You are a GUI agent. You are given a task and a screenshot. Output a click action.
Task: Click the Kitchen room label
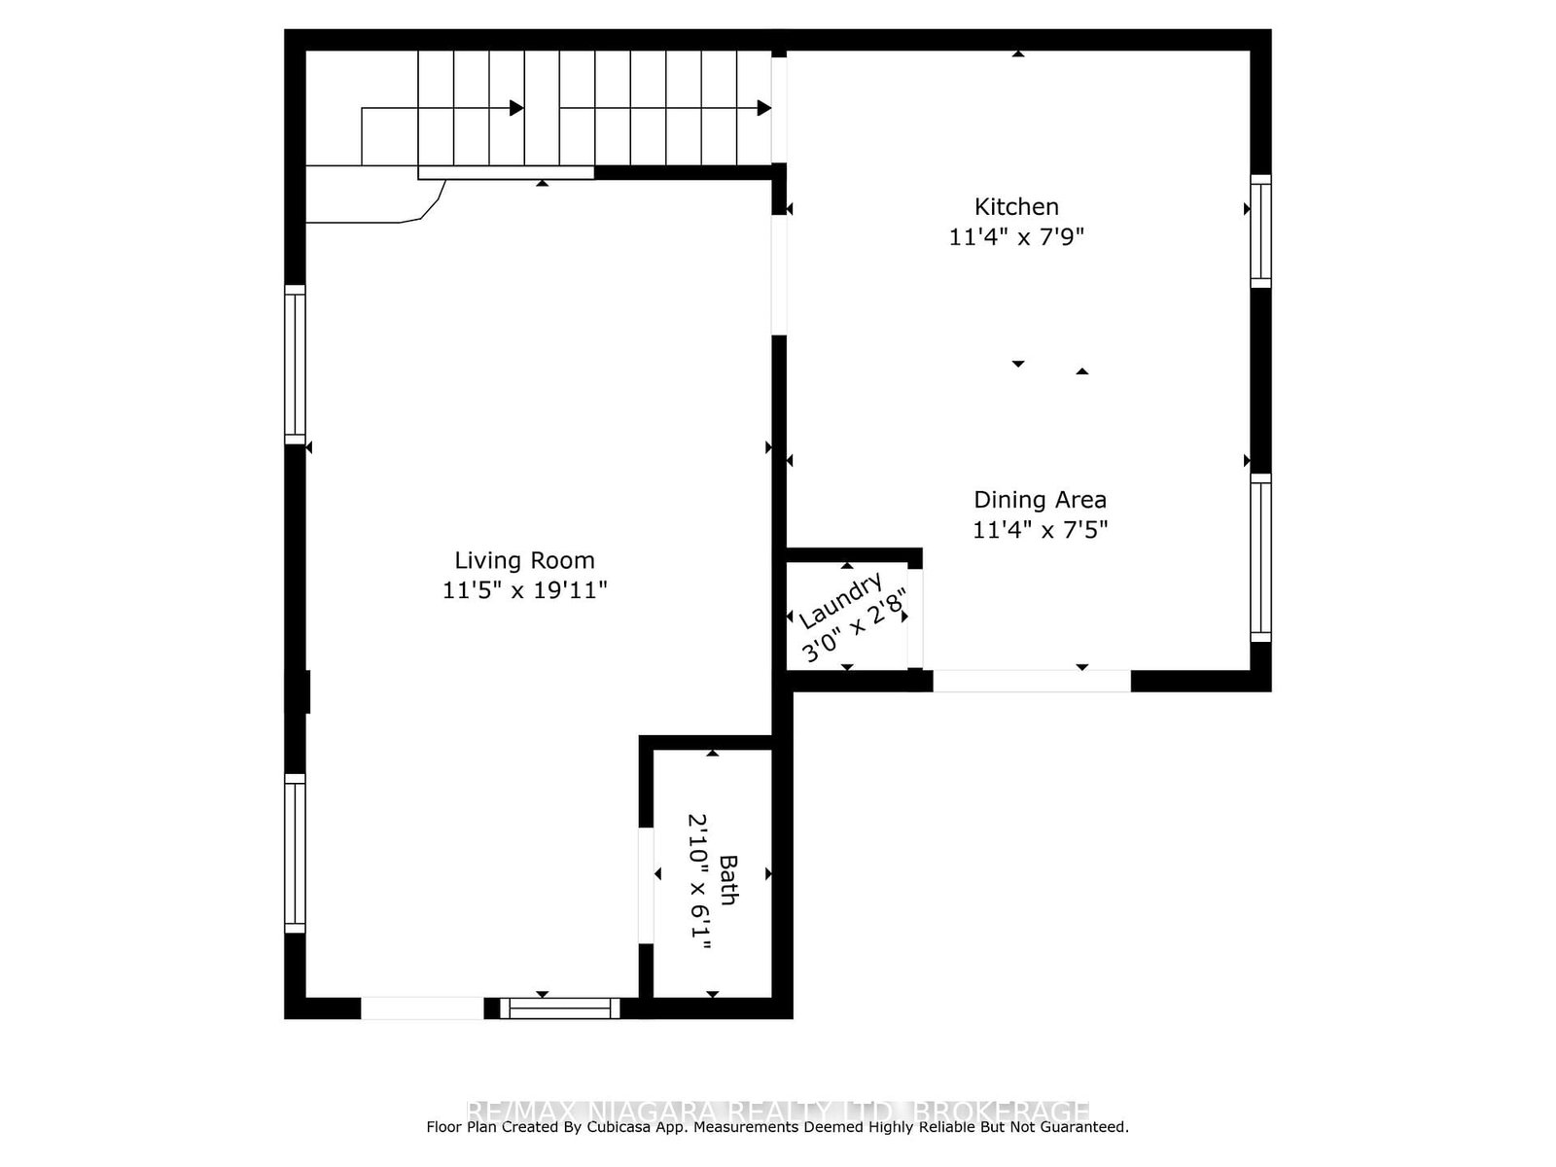click(x=1016, y=207)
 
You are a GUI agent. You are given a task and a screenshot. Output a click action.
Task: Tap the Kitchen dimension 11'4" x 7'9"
click(x=1016, y=237)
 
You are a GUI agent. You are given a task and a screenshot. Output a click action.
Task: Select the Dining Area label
click(x=1040, y=500)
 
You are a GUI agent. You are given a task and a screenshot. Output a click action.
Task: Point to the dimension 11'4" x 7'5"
click(x=1040, y=530)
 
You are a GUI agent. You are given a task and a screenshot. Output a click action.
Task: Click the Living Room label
click(x=524, y=560)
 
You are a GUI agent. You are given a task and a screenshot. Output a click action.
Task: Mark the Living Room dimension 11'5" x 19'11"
click(x=524, y=590)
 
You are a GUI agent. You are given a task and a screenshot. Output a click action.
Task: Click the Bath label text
click(x=727, y=879)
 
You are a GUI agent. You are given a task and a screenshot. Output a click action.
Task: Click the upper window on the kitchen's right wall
click(x=1260, y=230)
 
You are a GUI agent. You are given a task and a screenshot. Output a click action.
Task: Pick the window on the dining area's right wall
click(x=1260, y=557)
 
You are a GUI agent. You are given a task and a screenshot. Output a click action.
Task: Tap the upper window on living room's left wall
click(x=295, y=365)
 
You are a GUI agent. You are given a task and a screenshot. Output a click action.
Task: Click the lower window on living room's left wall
click(x=295, y=853)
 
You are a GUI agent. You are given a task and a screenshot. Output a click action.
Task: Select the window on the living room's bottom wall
click(x=560, y=1008)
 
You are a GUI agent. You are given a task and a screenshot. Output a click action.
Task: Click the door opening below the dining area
click(x=1032, y=681)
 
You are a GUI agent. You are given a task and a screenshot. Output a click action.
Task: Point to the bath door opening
click(x=646, y=885)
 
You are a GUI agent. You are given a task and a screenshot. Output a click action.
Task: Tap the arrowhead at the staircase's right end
click(x=764, y=108)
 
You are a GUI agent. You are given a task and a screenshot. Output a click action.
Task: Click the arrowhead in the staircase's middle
click(x=516, y=108)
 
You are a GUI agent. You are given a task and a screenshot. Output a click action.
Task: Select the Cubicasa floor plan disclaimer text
click(x=777, y=1127)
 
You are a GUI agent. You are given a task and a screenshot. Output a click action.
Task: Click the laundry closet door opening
click(x=915, y=619)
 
